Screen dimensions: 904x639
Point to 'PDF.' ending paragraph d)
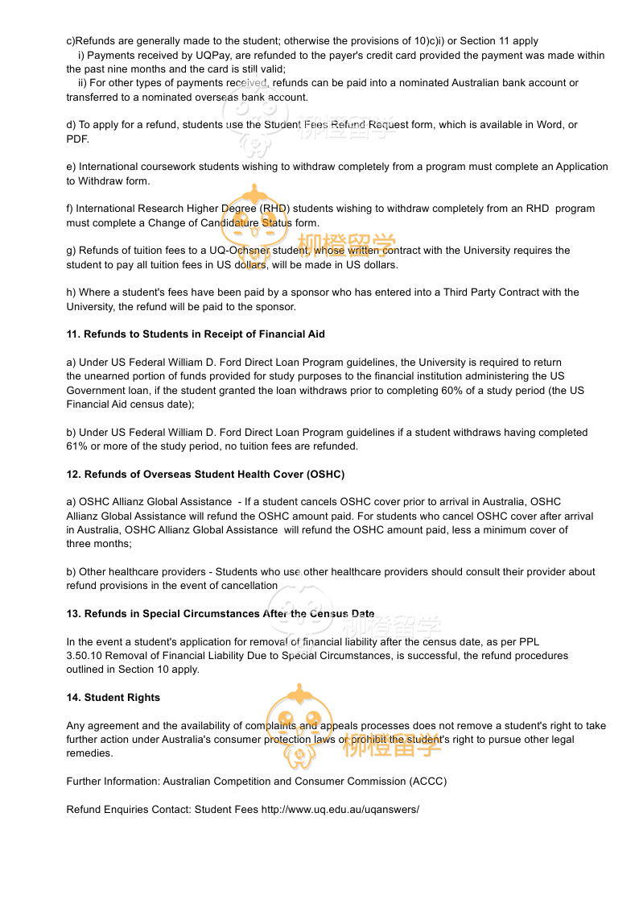[x=78, y=139]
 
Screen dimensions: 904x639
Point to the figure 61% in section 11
[x=77, y=446]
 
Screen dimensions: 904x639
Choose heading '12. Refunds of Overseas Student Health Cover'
[x=205, y=475]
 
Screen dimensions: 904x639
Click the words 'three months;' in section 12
[x=99, y=544]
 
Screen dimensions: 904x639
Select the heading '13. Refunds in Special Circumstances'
[x=220, y=614]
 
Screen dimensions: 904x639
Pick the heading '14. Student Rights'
[x=113, y=698]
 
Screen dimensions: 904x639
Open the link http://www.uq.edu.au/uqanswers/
[x=340, y=809]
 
